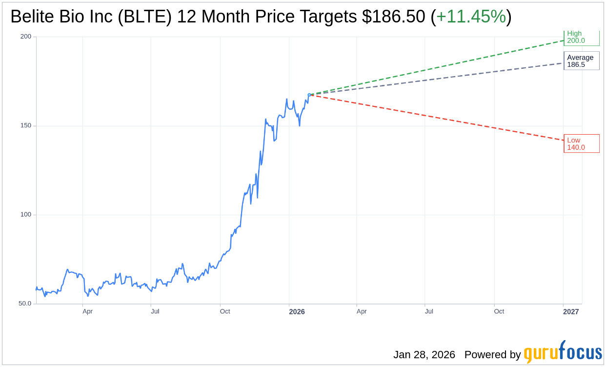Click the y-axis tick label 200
pos(25,37)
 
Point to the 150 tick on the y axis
pos(25,125)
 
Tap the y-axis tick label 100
pos(25,215)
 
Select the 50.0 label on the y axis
pos(25,304)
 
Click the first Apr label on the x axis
pos(87,311)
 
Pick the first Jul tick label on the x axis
pos(155,311)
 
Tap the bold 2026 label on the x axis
pos(297,311)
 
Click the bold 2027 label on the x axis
pos(571,311)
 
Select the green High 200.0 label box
pos(581,37)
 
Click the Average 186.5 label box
pos(581,61)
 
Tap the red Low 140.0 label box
pos(581,143)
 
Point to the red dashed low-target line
pos(439,118)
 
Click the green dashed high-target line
pos(439,68)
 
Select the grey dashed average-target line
pos(439,79)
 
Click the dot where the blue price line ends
pos(309,95)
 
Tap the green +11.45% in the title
pos(471,17)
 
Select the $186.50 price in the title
pos(393,17)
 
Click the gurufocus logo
pos(563,352)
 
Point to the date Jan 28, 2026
pos(424,355)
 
